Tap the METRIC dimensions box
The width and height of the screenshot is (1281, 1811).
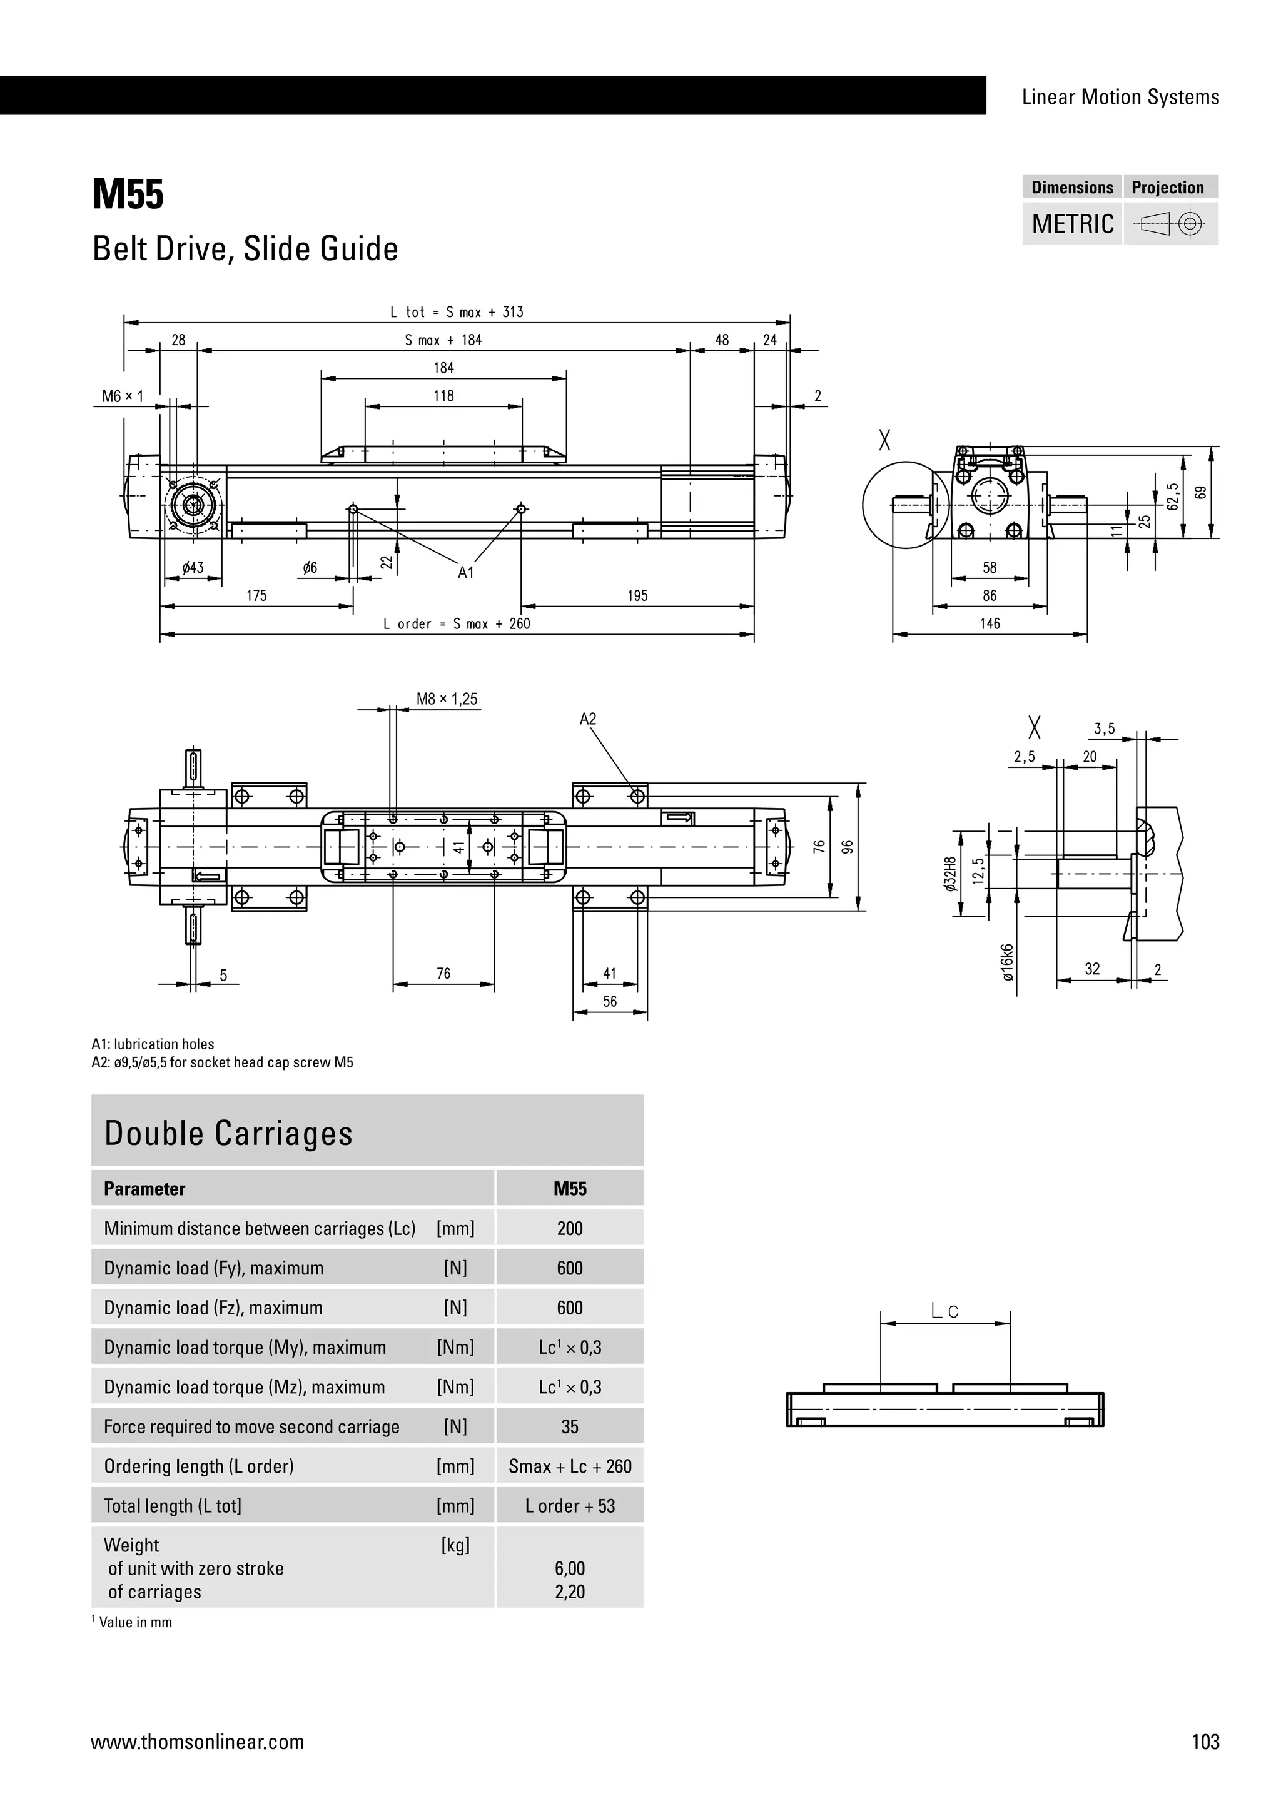click(1072, 224)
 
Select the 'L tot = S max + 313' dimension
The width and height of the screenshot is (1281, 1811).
click(457, 312)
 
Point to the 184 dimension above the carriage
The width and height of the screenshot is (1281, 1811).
click(443, 368)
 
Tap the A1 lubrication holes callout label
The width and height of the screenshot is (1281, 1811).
click(466, 573)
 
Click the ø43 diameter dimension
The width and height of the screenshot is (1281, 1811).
click(193, 568)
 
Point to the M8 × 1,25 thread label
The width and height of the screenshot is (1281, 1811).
click(447, 699)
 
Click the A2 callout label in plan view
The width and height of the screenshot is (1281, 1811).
click(588, 719)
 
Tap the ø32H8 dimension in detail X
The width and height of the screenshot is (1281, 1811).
click(951, 874)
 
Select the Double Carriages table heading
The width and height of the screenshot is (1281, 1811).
click(229, 1134)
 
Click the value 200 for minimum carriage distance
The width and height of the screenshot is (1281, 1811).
click(570, 1228)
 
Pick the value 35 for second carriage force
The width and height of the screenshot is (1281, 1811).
click(570, 1426)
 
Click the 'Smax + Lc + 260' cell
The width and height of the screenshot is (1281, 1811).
click(570, 1466)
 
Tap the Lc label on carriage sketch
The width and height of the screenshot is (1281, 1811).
click(944, 1312)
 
